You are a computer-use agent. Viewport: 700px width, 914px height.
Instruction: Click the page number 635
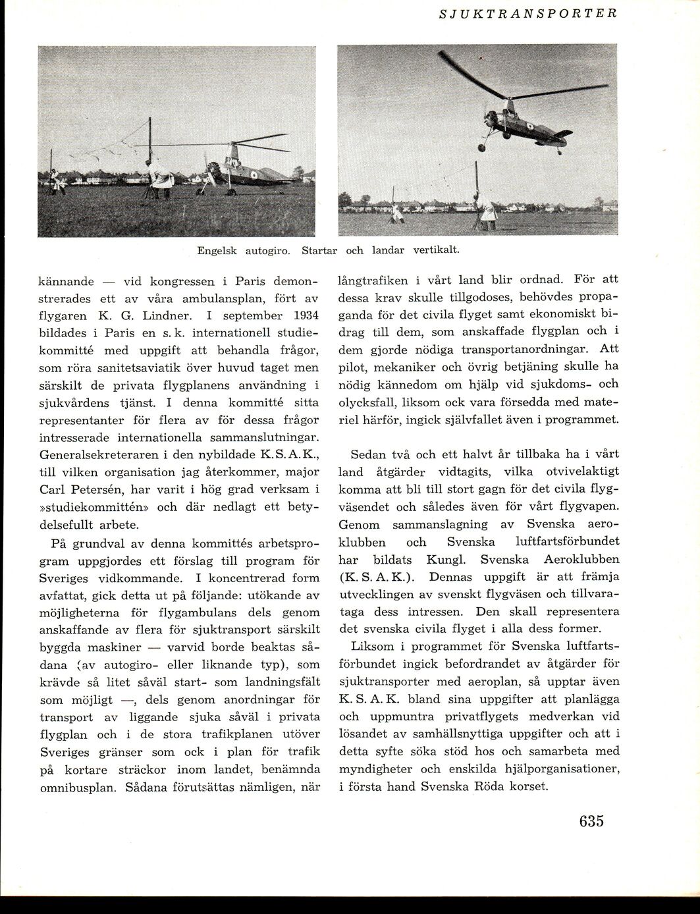click(592, 821)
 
